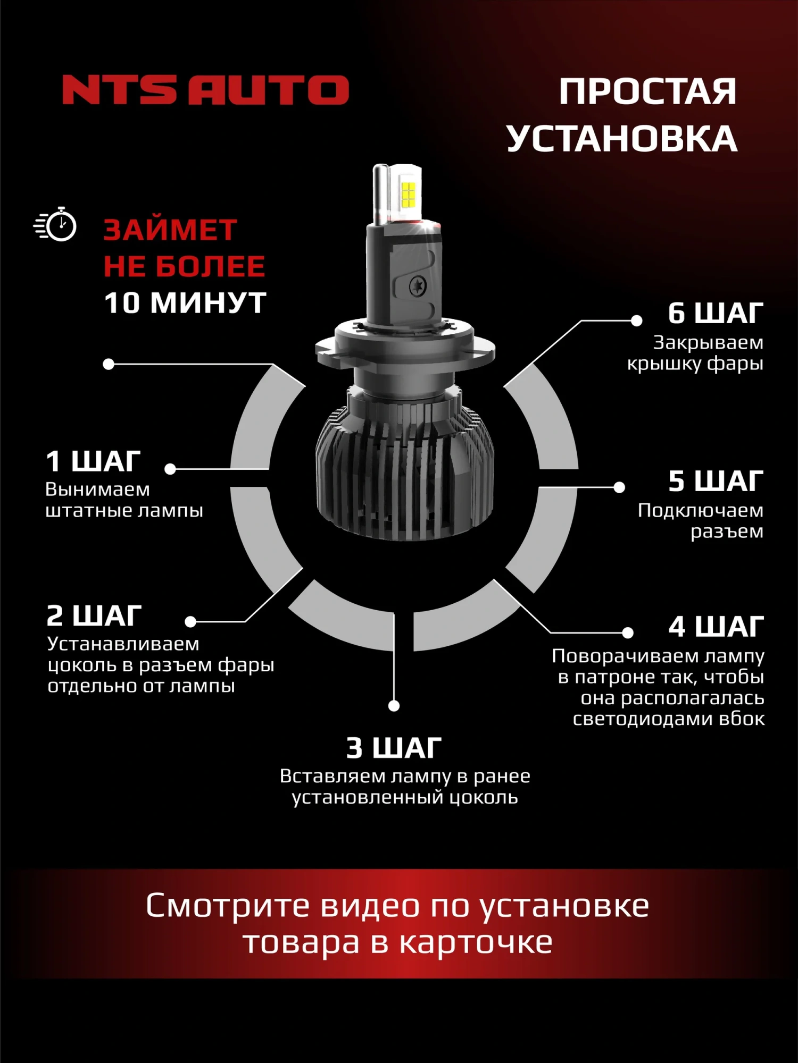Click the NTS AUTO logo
[x=205, y=89]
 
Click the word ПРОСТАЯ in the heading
[x=647, y=91]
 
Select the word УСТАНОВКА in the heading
[x=621, y=139]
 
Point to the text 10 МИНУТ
[x=185, y=303]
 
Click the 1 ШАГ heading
[x=93, y=461]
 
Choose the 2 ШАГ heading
[x=94, y=616]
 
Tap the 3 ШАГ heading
[x=394, y=748]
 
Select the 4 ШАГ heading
[x=716, y=627]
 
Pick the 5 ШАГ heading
[x=716, y=482]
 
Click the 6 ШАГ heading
[x=716, y=313]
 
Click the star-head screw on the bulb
[x=418, y=286]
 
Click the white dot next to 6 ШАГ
[x=636, y=320]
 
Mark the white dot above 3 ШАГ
[x=394, y=706]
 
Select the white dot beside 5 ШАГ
[x=619, y=487]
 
